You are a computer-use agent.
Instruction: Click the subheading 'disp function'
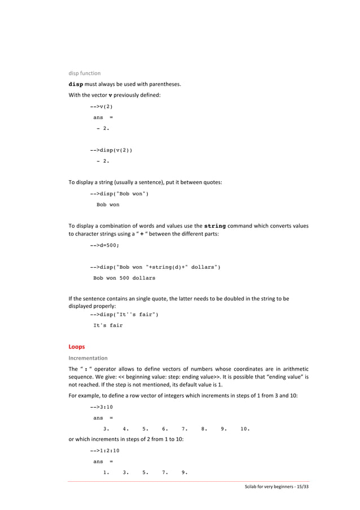tap(85, 73)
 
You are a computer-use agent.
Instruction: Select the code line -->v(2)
tap(101, 106)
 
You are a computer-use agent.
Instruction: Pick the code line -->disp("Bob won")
tap(119, 194)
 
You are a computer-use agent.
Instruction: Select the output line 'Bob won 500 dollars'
tap(124, 278)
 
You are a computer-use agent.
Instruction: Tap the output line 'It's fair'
tap(108, 325)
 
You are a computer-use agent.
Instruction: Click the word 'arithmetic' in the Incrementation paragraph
tap(293, 369)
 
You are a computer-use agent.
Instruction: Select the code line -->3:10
tap(101, 406)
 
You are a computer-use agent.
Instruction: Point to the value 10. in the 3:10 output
tap(245, 428)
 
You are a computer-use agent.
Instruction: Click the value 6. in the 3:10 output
tap(165, 428)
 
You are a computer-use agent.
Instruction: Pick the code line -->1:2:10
tap(104, 450)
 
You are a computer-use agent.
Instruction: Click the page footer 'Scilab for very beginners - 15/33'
tap(273, 487)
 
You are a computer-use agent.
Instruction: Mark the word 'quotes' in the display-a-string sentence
tap(212, 182)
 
